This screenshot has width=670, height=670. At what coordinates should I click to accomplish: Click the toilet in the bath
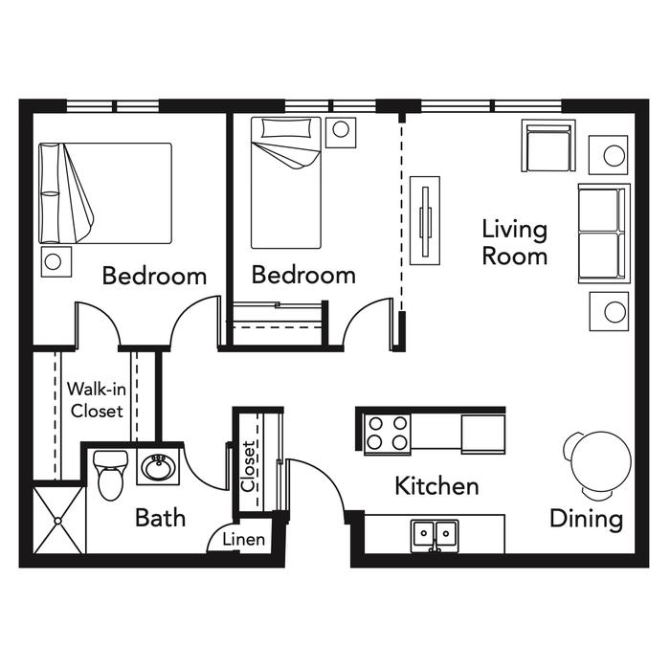pyautogui.click(x=110, y=475)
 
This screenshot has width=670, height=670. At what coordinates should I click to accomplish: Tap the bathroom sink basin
pyautogui.click(x=158, y=467)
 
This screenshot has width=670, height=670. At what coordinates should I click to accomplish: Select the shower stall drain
pyautogui.click(x=58, y=521)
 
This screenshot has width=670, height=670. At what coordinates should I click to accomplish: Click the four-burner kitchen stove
pyautogui.click(x=387, y=434)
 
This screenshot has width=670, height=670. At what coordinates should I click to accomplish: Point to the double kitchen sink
pyautogui.click(x=435, y=535)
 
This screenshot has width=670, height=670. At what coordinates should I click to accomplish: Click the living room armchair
pyautogui.click(x=548, y=145)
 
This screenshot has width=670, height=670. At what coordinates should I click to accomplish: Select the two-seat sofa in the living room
pyautogui.click(x=604, y=234)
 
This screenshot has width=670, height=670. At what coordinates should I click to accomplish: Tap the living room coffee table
pyautogui.click(x=425, y=220)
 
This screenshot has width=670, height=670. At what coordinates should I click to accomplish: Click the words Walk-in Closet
pyautogui.click(x=97, y=400)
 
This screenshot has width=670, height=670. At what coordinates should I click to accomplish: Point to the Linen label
pyautogui.click(x=243, y=539)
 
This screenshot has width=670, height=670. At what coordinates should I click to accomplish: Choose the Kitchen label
pyautogui.click(x=436, y=486)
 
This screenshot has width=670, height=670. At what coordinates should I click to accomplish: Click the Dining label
pyautogui.click(x=586, y=520)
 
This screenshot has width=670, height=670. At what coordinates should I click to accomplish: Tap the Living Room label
pyautogui.click(x=515, y=242)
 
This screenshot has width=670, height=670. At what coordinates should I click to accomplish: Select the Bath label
pyautogui.click(x=160, y=518)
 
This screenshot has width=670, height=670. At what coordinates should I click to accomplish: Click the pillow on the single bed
pyautogui.click(x=286, y=128)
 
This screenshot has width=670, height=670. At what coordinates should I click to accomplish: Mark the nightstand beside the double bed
pyautogui.click(x=56, y=261)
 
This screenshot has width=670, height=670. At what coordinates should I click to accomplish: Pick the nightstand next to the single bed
pyautogui.click(x=341, y=132)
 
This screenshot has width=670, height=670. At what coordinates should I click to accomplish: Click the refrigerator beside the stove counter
pyautogui.click(x=483, y=434)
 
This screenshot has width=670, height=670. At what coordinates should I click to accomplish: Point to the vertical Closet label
pyautogui.click(x=248, y=467)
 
